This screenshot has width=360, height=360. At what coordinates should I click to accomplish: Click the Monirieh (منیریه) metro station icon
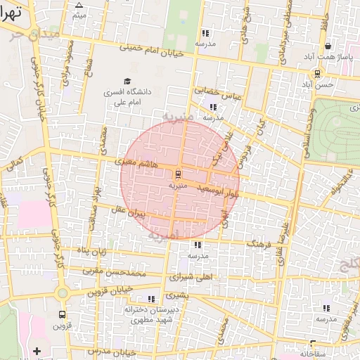[177, 173]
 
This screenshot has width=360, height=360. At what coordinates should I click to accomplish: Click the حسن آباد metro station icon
[318, 72]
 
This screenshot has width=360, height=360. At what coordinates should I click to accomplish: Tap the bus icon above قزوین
[63, 314]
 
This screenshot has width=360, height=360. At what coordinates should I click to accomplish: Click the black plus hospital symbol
[37, 349]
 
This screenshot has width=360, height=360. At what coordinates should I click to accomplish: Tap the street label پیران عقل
[129, 210]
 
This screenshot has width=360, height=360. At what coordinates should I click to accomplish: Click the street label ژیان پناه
[91, 250]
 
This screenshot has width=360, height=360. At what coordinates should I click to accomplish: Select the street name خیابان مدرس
[108, 349]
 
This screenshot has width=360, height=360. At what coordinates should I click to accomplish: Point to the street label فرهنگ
[259, 243]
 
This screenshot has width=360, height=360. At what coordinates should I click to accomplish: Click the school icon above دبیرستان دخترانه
[151, 299]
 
